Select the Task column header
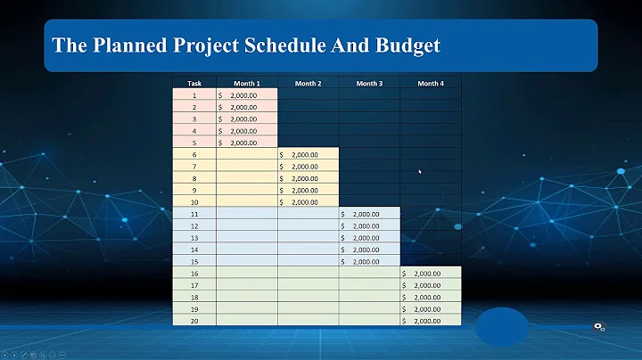pos(194,83)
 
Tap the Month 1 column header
pos(246,83)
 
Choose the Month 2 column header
pos(308,83)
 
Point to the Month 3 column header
pos(368,83)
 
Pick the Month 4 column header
pos(430,83)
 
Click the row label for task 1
pos(194,94)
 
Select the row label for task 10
pos(194,201)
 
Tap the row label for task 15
pos(194,261)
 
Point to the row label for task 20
pos(194,320)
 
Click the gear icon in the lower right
pos(600,327)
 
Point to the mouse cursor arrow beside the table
pos(420,172)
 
